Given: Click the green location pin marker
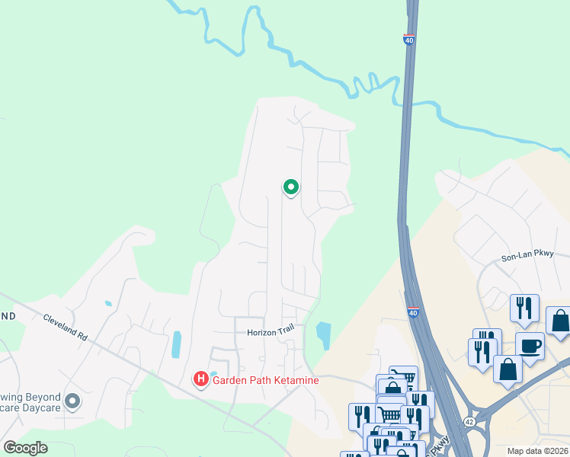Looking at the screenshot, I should tap(290, 187).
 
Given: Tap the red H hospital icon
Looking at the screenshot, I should tap(201, 379).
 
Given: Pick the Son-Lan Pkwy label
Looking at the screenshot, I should tap(527, 257).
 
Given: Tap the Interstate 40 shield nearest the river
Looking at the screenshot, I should tap(409, 40).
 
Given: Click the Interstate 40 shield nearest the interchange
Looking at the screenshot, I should tap(412, 312).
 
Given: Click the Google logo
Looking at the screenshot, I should tap(26, 447).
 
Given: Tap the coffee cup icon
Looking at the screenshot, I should tap(529, 346).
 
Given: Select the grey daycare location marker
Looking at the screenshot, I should tap(72, 401).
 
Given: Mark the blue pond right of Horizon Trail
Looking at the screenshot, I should tap(324, 334).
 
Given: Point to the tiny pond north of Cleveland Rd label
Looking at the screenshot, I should tap(108, 303).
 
